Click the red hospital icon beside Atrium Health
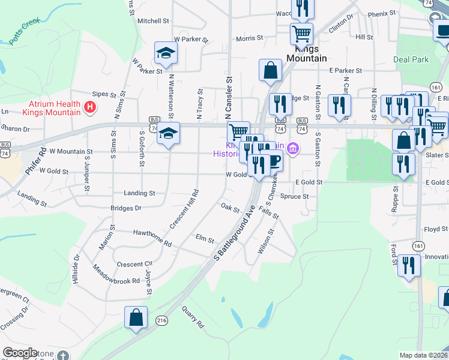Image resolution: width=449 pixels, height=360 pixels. click(x=90, y=108)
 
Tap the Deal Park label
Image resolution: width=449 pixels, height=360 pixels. click(x=411, y=59)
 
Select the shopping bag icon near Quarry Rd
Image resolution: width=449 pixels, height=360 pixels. click(x=136, y=317)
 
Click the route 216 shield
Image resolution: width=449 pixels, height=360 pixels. click(x=161, y=320)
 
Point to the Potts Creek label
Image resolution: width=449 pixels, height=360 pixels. click(x=24, y=31)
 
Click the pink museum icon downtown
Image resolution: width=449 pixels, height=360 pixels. click(x=292, y=148)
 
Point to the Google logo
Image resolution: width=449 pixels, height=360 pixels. click(x=20, y=353)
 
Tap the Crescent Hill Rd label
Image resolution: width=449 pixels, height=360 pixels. click(x=184, y=209)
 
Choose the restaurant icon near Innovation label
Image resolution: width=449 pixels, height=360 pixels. click(x=409, y=266)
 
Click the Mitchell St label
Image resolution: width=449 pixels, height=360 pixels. click(x=153, y=20)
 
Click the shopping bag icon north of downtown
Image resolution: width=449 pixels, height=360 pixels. click(x=271, y=70)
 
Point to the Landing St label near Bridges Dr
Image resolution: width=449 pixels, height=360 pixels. click(x=140, y=193)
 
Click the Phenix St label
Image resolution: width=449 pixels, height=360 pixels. click(x=382, y=13)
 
